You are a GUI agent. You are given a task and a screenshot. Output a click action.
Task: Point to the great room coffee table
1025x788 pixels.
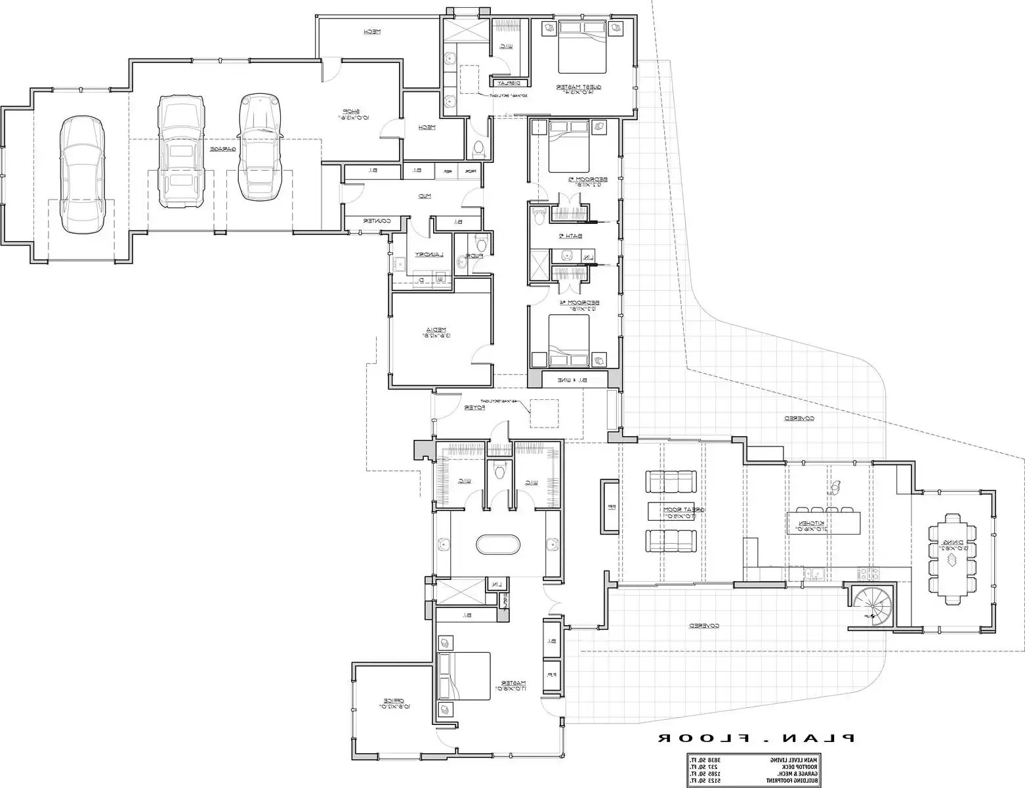671,510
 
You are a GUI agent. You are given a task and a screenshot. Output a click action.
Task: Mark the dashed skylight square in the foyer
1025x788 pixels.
545,413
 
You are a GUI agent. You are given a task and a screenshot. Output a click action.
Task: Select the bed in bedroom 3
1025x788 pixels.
568,148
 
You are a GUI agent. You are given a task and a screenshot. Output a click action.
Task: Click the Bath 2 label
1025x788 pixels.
566,236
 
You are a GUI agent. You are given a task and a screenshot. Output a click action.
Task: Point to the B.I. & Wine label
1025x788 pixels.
573,380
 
